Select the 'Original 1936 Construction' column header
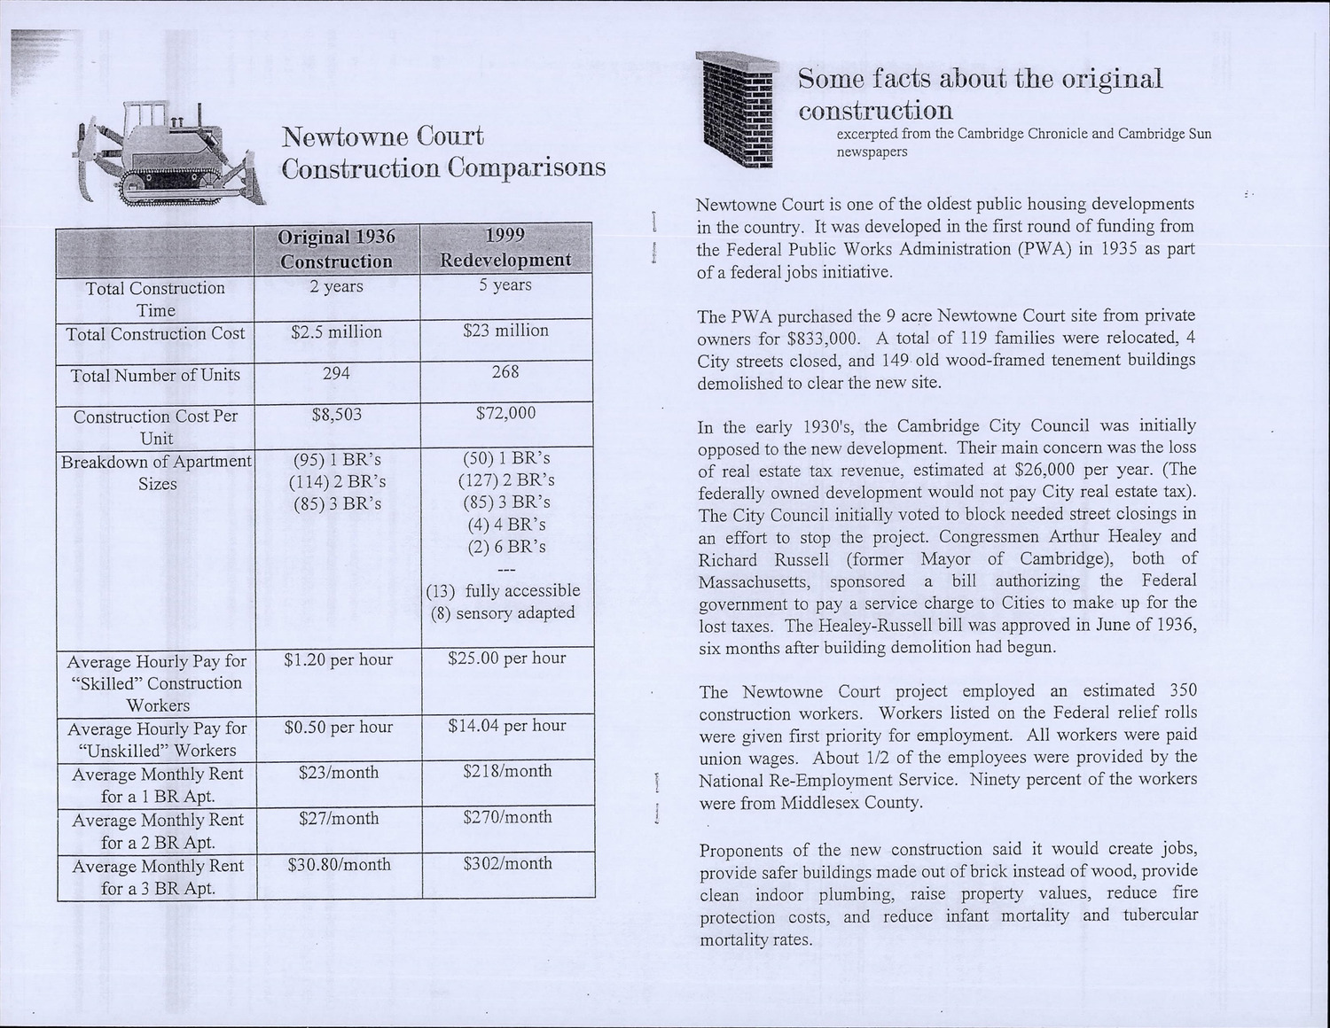[336, 249]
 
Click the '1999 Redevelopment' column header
[505, 247]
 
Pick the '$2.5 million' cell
[336, 332]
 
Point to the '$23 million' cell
[505, 331]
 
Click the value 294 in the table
[336, 374]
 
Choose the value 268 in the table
[505, 372]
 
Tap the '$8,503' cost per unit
[336, 415]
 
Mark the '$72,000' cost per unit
[505, 413]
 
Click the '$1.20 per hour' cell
[338, 659]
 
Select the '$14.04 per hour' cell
[506, 726]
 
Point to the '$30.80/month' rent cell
[339, 864]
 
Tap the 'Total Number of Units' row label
[156, 376]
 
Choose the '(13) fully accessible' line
[503, 591]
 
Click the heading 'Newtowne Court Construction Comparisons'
[443, 152]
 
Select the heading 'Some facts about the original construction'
[979, 94]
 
